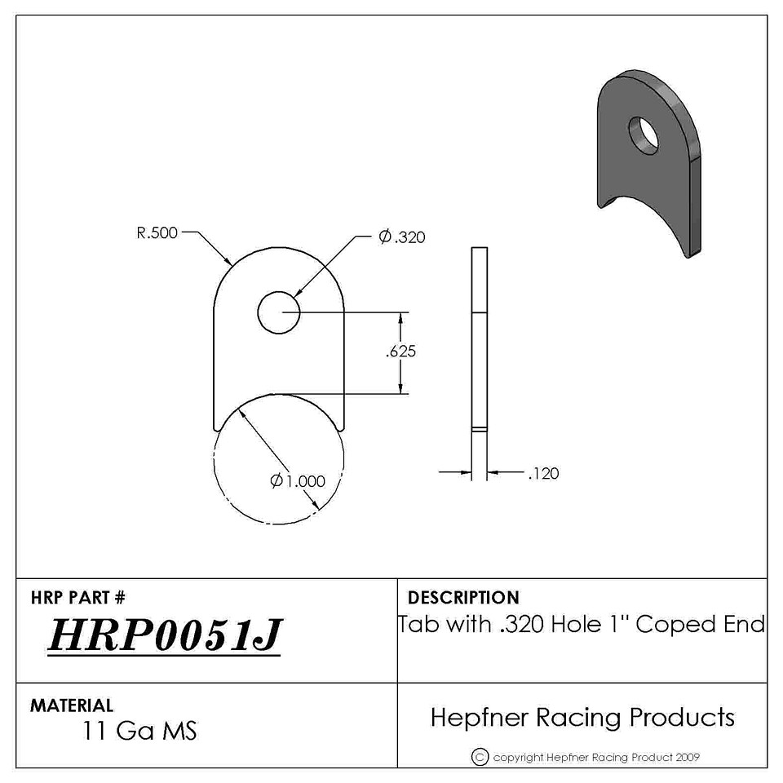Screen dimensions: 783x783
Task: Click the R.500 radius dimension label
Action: pyautogui.click(x=157, y=232)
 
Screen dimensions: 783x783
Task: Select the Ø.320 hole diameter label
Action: pyautogui.click(x=401, y=237)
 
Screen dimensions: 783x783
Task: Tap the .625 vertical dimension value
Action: pyautogui.click(x=400, y=352)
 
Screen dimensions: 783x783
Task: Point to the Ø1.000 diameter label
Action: pyautogui.click(x=298, y=481)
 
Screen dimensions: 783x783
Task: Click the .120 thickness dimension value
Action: pyautogui.click(x=543, y=473)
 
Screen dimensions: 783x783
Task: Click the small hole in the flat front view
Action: pyautogui.click(x=279, y=312)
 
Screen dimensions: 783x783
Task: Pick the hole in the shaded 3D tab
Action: pyautogui.click(x=644, y=135)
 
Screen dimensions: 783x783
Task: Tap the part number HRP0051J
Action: pyautogui.click(x=166, y=635)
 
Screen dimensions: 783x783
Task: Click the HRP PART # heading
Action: pyautogui.click(x=78, y=597)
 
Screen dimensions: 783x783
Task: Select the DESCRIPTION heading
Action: pyautogui.click(x=463, y=597)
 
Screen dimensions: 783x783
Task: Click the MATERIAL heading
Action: pyautogui.click(x=72, y=705)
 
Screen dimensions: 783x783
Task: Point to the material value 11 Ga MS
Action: pyautogui.click(x=139, y=731)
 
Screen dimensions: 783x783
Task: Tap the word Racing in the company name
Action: pyautogui.click(x=579, y=718)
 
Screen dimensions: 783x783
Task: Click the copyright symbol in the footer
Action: pyautogui.click(x=480, y=757)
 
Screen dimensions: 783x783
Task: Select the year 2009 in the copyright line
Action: pyautogui.click(x=688, y=758)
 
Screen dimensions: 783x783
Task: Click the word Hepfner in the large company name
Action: pyautogui.click(x=480, y=718)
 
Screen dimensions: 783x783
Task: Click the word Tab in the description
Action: pyautogui.click(x=418, y=624)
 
